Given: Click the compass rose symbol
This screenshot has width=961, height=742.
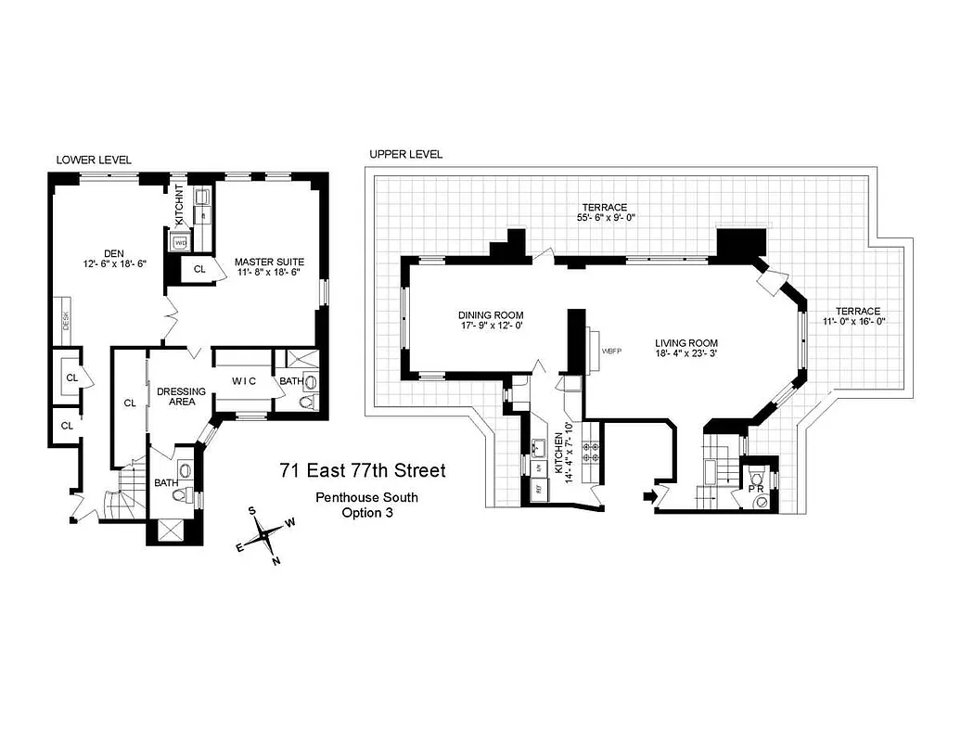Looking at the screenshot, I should tap(266, 534).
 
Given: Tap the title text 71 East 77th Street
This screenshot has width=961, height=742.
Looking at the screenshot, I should tap(363, 471).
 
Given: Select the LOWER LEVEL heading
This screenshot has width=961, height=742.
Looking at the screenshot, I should tap(94, 160).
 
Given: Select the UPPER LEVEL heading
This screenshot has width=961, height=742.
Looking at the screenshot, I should tap(405, 154).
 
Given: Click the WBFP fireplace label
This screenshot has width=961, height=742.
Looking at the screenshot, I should tap(611, 352).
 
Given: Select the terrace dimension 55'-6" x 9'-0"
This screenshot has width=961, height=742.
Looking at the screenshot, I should tap(604, 218).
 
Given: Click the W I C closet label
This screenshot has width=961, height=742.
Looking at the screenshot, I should tap(244, 379).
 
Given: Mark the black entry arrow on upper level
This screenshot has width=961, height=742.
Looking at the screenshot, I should tap(649, 498).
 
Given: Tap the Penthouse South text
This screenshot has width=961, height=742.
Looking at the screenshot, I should tap(366, 497).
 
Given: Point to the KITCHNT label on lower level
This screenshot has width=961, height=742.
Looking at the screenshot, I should tap(181, 207).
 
